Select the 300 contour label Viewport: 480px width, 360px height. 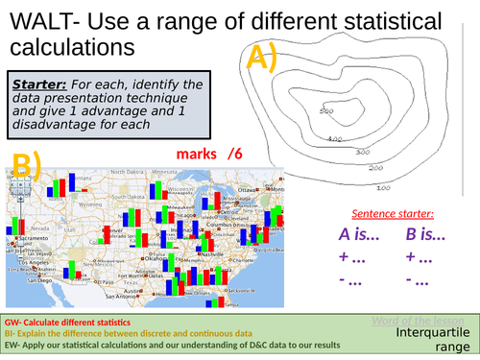click(x=363, y=152)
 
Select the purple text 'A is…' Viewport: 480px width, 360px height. click(x=362, y=234)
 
